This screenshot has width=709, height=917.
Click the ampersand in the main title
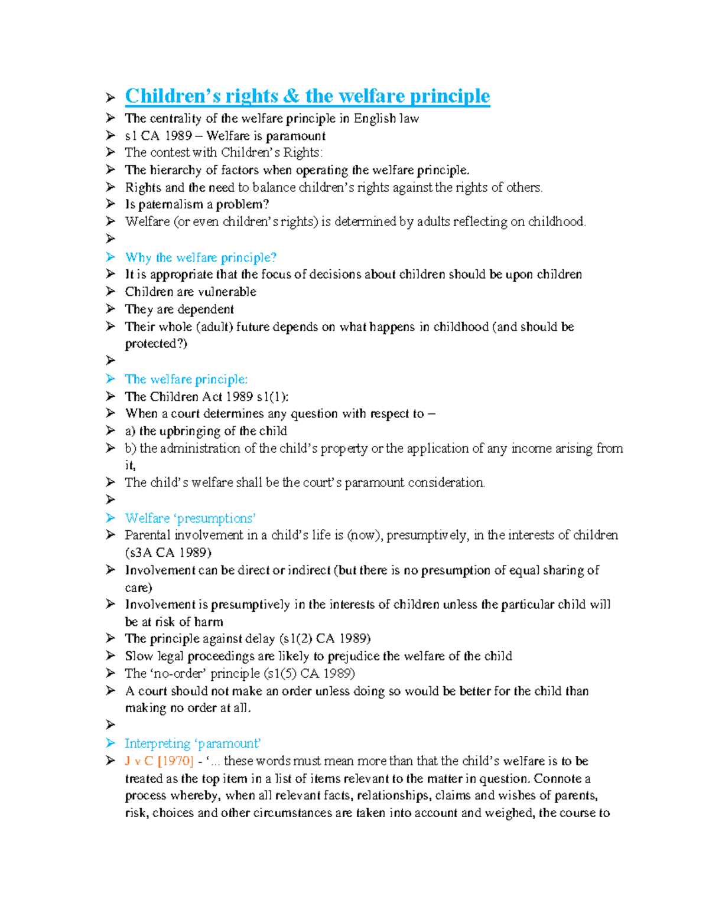(291, 96)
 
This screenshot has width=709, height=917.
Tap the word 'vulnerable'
(227, 292)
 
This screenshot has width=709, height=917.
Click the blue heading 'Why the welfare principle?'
(200, 257)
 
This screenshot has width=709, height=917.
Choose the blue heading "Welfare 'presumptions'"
(190, 518)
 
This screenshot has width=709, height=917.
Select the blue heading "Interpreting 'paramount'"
(193, 743)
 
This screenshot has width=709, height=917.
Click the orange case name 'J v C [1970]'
(159, 761)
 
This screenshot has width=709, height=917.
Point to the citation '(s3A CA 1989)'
(168, 553)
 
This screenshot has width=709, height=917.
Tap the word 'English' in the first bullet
(375, 119)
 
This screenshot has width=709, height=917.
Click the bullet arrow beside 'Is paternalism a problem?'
(110, 204)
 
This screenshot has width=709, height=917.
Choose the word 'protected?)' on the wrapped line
(155, 344)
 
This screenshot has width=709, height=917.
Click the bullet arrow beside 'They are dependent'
(110, 309)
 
